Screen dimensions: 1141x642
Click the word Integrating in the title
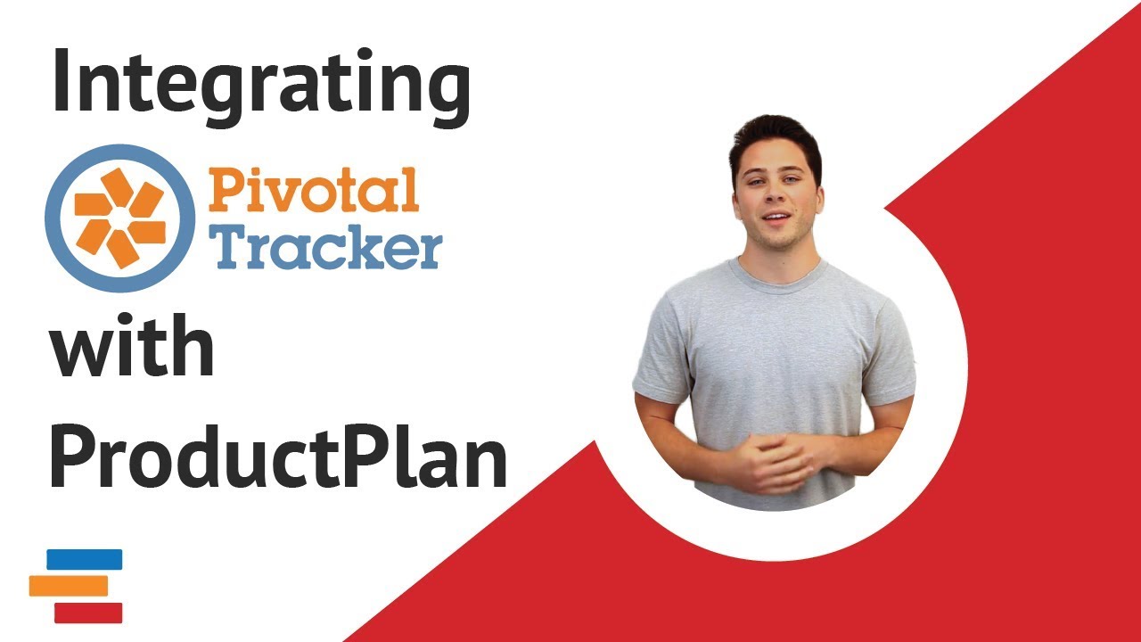pyautogui.click(x=261, y=87)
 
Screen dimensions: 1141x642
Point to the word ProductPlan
pyautogui.click(x=278, y=456)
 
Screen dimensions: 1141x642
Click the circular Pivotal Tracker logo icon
pyautogui.click(x=120, y=218)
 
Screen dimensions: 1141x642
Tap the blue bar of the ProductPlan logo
pyautogui.click(x=85, y=559)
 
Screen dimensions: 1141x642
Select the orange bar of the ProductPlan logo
pyautogui.click(x=69, y=586)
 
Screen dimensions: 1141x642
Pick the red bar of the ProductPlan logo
pyautogui.click(x=88, y=613)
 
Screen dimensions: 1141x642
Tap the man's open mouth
pyautogui.click(x=776, y=218)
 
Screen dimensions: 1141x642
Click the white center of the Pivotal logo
pyautogui.click(x=120, y=218)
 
